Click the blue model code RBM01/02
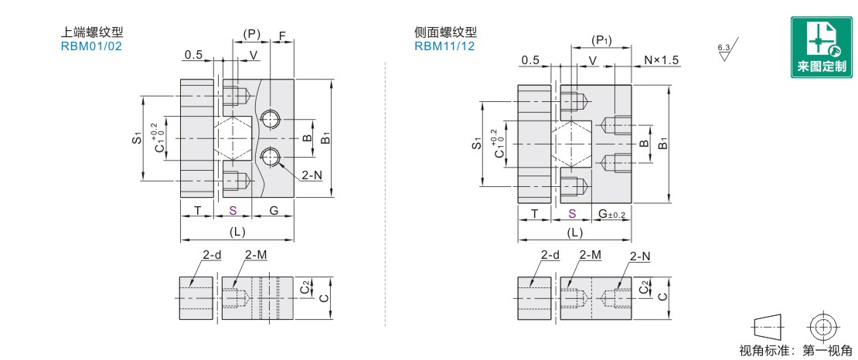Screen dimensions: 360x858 91,46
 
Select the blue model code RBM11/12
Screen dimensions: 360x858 444,46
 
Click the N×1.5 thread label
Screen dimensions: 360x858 661,60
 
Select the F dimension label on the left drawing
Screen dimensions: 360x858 283,36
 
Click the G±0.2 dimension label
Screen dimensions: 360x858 611,213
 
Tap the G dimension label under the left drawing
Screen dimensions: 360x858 274,211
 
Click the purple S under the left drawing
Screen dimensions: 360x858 233,211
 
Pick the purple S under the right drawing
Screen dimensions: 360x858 572,213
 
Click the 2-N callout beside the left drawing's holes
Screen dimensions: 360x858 312,175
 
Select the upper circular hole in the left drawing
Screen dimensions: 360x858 269,119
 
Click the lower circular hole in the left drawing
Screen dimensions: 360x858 269,157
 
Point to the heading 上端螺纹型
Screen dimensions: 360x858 92,32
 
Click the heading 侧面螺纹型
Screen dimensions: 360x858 445,32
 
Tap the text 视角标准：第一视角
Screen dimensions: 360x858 795,351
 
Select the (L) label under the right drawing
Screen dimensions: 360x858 574,233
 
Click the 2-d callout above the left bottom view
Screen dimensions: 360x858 212,254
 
